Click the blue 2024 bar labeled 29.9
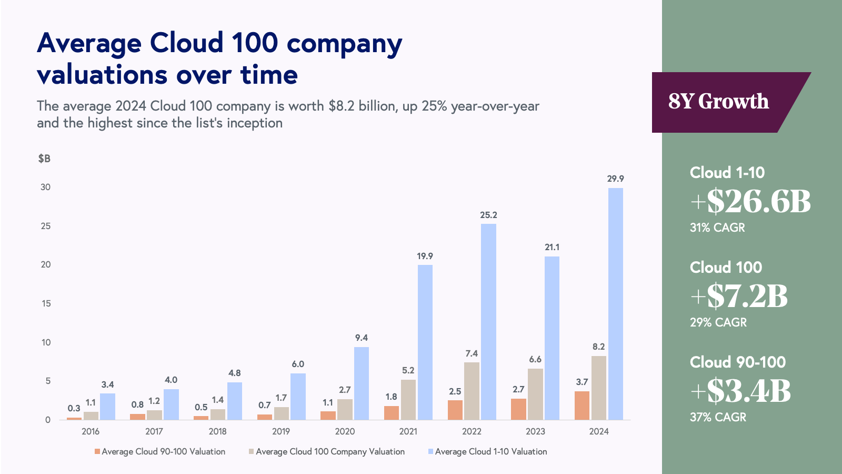coord(615,304)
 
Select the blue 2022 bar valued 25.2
coord(488,322)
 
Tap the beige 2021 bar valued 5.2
coord(408,400)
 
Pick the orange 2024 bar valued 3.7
coord(582,406)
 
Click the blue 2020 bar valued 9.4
coord(362,383)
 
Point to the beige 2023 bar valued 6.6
coord(535,394)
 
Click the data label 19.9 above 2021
coord(425,256)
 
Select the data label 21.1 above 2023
coord(552,248)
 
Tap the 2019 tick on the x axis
coord(281,431)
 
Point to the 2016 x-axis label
coord(91,431)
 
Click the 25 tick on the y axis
coord(46,226)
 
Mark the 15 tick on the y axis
coord(46,303)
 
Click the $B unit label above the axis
coord(44,159)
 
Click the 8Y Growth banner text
coord(718,102)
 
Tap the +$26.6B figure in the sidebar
coord(750,201)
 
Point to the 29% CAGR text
coord(718,322)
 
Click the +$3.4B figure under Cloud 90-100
coord(740,391)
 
